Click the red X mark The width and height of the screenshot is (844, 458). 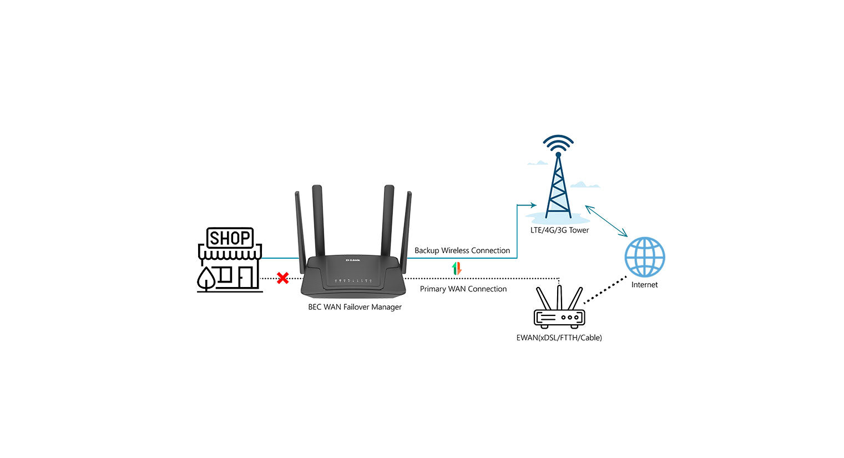[x=282, y=278]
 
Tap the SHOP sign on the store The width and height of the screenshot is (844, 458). [x=230, y=238]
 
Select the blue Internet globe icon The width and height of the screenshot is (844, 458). [x=644, y=257]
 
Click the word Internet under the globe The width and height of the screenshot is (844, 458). [x=644, y=285]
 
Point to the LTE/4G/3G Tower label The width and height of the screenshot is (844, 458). [x=559, y=230]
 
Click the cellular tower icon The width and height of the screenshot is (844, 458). [x=558, y=186]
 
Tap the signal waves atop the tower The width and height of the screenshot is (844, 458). [x=558, y=143]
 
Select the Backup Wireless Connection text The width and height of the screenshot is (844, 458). [x=462, y=250]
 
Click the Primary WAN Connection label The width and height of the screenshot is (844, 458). [x=463, y=289]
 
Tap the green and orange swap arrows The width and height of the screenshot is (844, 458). [x=456, y=269]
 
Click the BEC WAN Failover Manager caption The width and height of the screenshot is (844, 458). [x=355, y=307]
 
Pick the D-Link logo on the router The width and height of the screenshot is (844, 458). [x=353, y=260]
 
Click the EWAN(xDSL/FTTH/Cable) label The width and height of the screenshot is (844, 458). [x=559, y=338]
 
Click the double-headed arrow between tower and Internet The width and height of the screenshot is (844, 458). [x=606, y=220]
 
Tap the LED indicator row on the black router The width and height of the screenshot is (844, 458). [x=353, y=281]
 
